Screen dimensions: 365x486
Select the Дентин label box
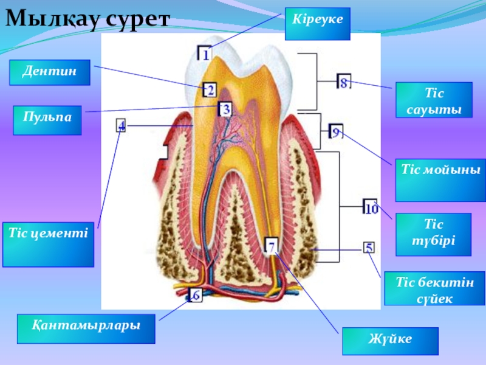pyautogui.click(x=49, y=72)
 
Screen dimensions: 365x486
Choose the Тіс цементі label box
pyautogui.click(x=48, y=244)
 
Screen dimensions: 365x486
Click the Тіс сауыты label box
pyautogui.click(x=434, y=100)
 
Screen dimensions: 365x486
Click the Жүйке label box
pyautogui.click(x=389, y=341)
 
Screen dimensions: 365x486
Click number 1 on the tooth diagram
pyautogui.click(x=206, y=54)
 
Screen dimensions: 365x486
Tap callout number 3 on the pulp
pyautogui.click(x=224, y=109)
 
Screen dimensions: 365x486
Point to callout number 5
pyautogui.click(x=369, y=248)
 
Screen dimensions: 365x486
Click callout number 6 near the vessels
pyautogui.click(x=195, y=295)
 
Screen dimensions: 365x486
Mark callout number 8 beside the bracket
pyautogui.click(x=344, y=83)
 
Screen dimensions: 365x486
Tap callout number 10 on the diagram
pyautogui.click(x=371, y=208)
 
